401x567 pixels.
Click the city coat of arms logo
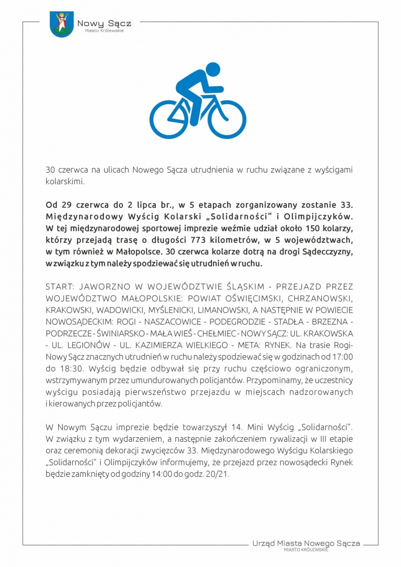[62, 24]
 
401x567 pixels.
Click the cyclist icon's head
[213, 70]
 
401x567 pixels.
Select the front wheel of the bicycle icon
[227, 119]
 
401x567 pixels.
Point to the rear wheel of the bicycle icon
[169, 119]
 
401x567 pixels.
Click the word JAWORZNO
[100, 287]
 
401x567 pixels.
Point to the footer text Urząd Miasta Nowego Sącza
[306, 543]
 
